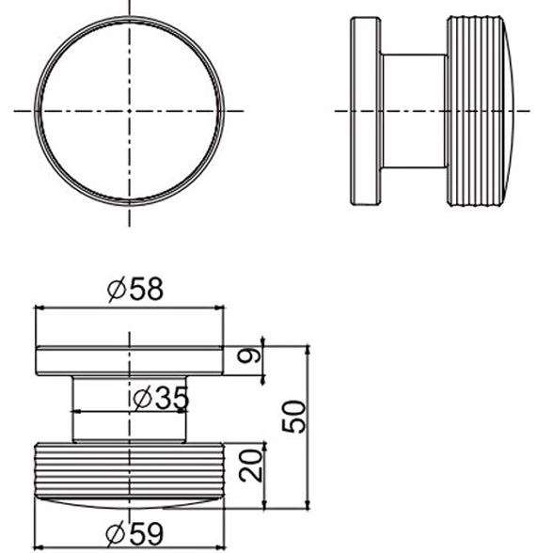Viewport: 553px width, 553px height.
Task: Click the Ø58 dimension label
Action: coord(135,290)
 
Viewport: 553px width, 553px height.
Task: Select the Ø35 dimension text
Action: coord(161,398)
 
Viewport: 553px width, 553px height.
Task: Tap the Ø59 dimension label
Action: coord(134,533)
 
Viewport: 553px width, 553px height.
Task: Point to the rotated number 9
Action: coord(249,355)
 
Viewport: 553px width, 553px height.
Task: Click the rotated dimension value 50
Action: coord(293,417)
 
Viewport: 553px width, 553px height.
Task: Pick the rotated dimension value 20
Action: coord(251,466)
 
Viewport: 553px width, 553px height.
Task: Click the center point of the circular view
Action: coord(130,111)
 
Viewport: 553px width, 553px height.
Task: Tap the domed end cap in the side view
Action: coord(509,111)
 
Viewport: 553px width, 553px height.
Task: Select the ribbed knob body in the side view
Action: coord(475,111)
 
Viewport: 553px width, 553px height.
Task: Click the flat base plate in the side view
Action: coord(365,111)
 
